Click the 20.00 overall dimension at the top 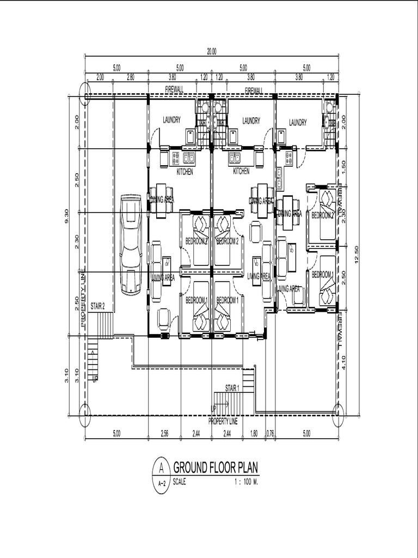211,52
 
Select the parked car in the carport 131,245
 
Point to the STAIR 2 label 98,306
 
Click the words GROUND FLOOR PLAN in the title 216,468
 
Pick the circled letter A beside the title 161,467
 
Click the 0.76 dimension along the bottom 271,434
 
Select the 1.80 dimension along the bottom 254,434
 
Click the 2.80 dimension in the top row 130,77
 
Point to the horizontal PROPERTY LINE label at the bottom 223,421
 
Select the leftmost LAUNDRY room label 171,120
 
